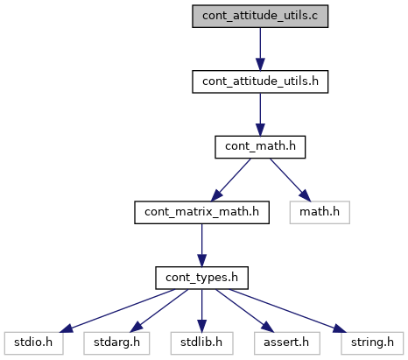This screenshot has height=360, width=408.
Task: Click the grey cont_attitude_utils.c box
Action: coord(260,17)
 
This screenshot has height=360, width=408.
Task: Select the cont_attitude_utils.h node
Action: coord(260,81)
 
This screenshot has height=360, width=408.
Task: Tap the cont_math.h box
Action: coord(260,147)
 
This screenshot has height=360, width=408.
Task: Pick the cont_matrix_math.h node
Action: coord(201,213)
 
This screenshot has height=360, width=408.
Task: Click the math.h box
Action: coord(320,213)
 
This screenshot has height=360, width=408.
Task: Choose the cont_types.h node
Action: coord(201,278)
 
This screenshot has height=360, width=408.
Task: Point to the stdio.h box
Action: coord(33,343)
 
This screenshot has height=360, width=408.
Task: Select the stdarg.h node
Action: coord(116,343)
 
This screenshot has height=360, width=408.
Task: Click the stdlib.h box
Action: coord(201,343)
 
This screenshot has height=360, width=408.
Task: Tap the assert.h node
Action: coord(287,343)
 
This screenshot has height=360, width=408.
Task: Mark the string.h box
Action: coord(372,343)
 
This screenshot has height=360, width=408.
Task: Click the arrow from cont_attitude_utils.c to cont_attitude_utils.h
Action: coord(260,49)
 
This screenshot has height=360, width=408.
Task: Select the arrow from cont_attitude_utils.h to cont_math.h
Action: coord(260,115)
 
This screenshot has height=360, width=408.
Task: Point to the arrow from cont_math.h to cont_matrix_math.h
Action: coord(230,180)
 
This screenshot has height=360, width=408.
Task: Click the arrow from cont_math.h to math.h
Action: coord(291,180)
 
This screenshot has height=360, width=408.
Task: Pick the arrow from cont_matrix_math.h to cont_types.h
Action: coord(201,245)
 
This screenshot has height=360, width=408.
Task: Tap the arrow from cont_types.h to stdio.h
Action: coord(117,311)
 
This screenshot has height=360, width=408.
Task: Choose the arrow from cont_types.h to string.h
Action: coord(288,311)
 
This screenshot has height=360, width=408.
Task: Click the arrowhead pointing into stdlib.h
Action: coord(201,326)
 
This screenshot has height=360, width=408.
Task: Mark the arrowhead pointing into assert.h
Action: coord(268,327)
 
